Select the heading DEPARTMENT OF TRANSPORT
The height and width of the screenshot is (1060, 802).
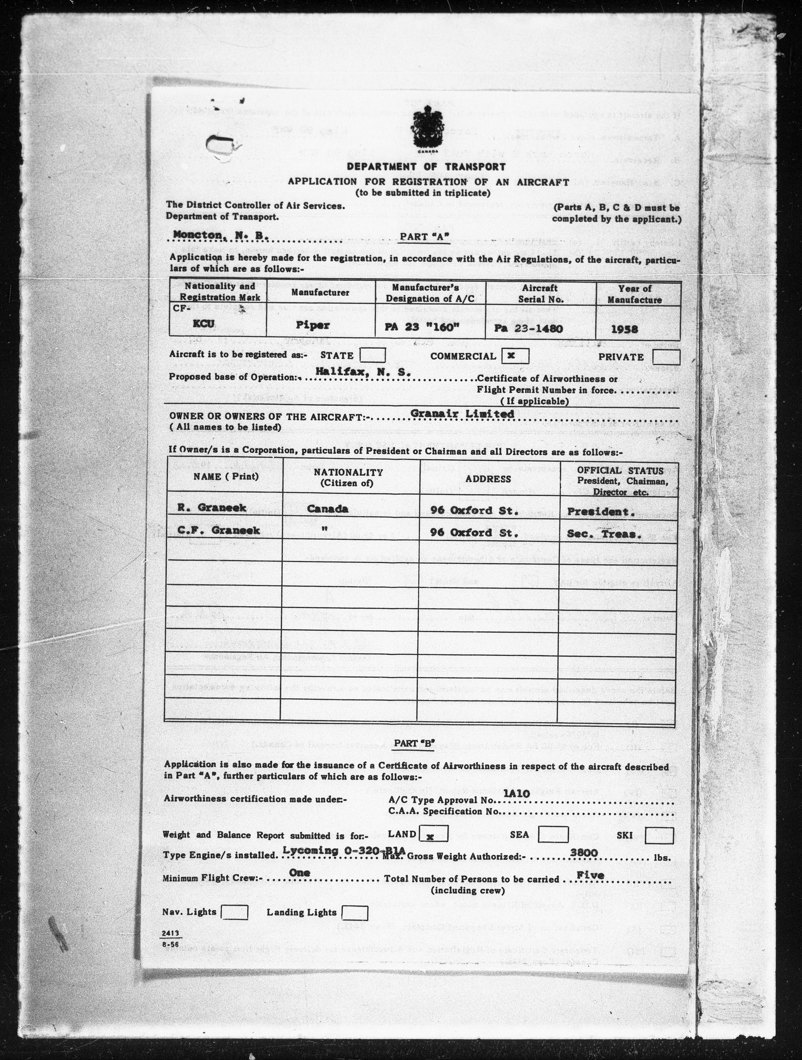point(426,167)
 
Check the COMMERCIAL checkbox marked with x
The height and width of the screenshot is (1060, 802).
point(515,356)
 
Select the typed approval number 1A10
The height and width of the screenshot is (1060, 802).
point(516,794)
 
